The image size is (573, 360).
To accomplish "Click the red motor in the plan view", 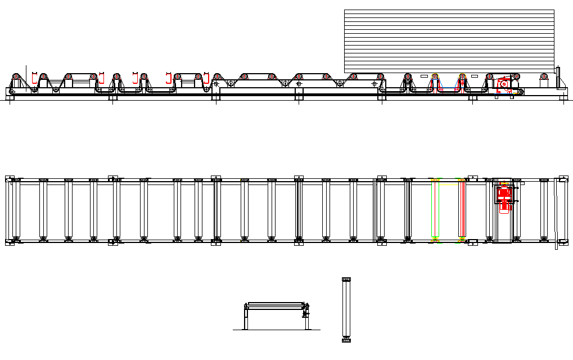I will (x=503, y=196).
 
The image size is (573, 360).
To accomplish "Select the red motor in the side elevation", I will (x=504, y=84).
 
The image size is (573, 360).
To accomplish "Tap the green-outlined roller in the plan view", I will (x=434, y=209).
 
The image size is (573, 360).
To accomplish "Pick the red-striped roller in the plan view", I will (x=462, y=209).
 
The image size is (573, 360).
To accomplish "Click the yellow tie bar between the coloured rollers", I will (x=448, y=184).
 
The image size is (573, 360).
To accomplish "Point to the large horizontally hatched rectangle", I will (x=449, y=40).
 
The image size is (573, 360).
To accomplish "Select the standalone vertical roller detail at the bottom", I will (x=346, y=309).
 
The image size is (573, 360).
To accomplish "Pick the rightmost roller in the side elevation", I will (x=543, y=78).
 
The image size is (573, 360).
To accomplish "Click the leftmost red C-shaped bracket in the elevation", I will (x=34, y=78).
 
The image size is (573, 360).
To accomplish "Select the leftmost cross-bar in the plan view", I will (x=16, y=209).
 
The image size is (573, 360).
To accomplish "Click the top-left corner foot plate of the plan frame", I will (x=10, y=179).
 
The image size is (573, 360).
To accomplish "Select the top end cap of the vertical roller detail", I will (x=346, y=280).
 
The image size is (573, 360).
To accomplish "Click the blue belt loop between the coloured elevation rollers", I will (x=448, y=85).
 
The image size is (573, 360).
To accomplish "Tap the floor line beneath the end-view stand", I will (x=276, y=330).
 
